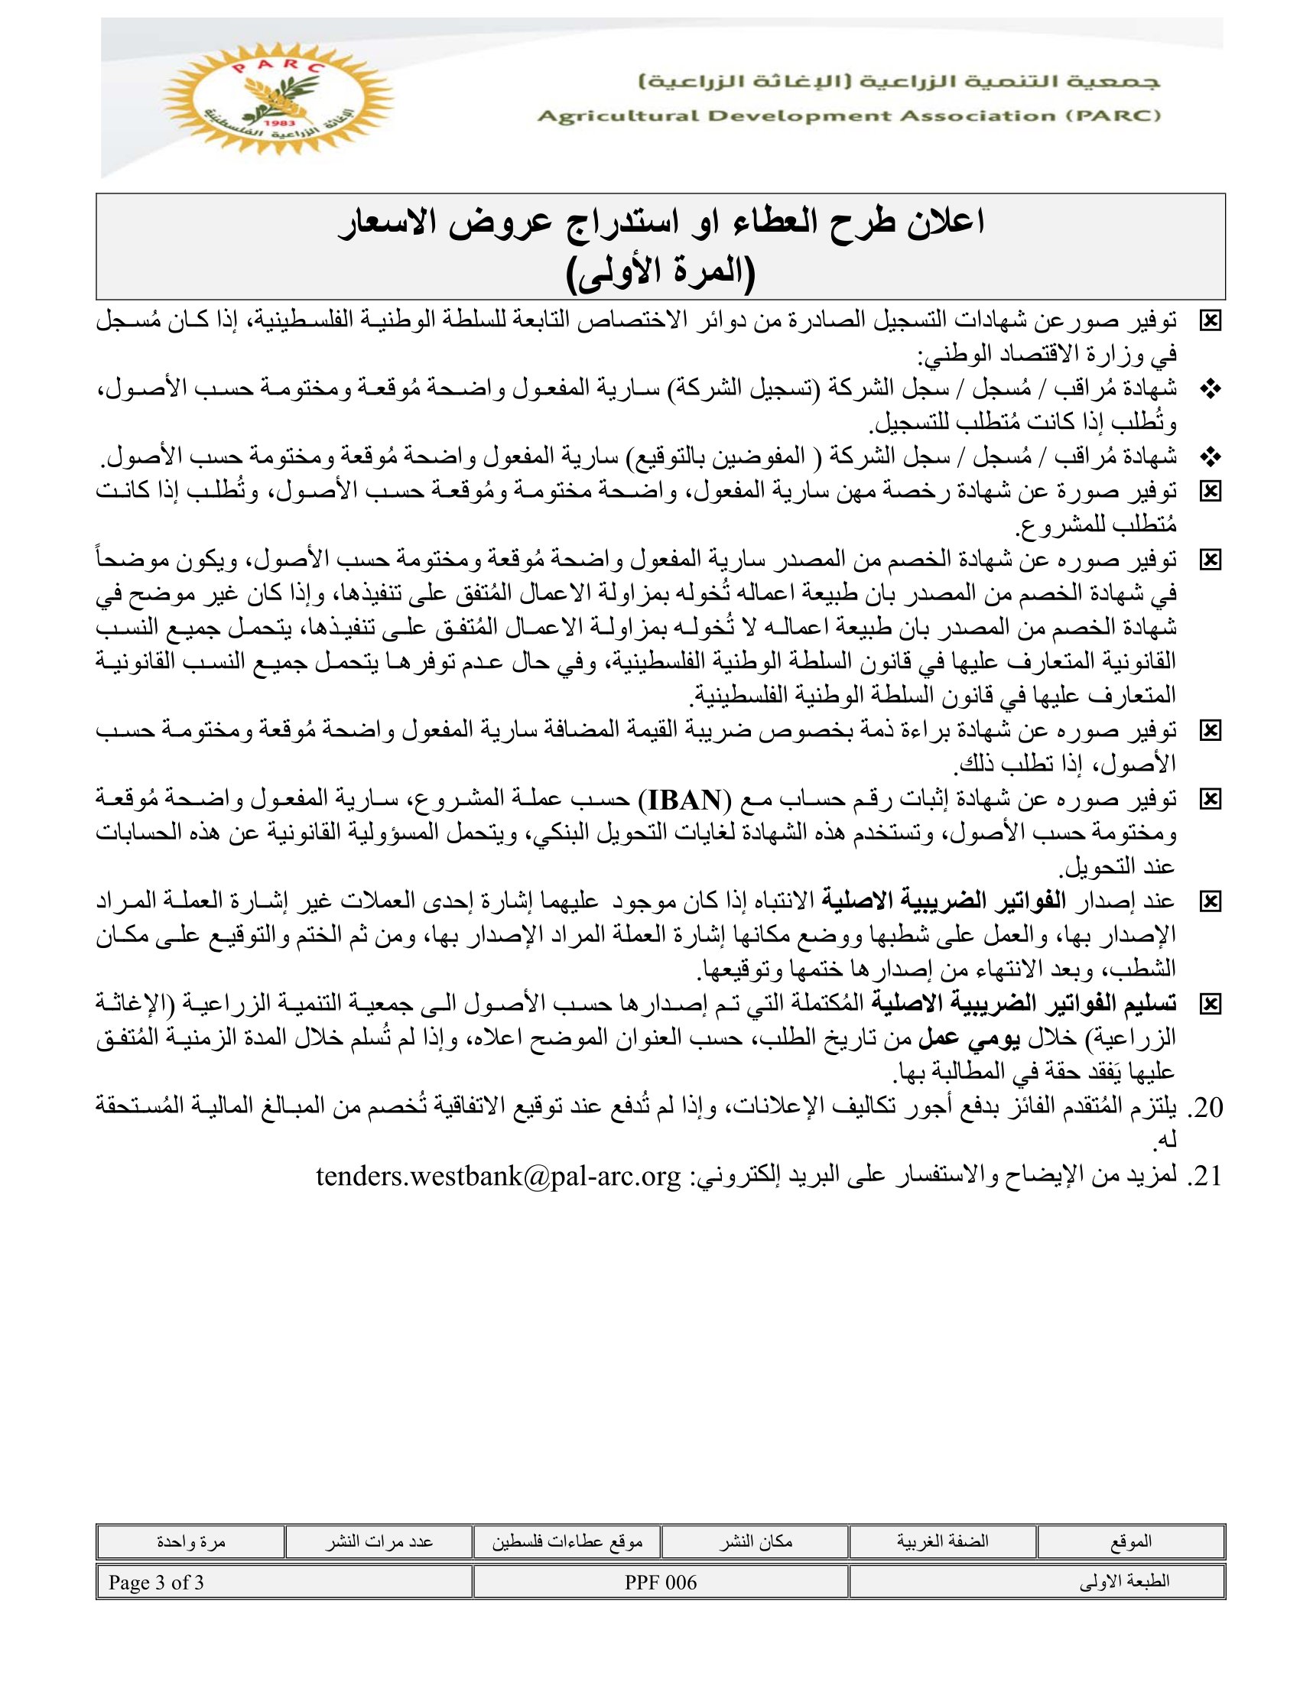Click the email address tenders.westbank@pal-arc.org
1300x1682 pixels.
(499, 1176)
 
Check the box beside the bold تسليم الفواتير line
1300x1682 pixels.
(1210, 1005)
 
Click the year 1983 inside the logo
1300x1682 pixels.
(275, 123)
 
